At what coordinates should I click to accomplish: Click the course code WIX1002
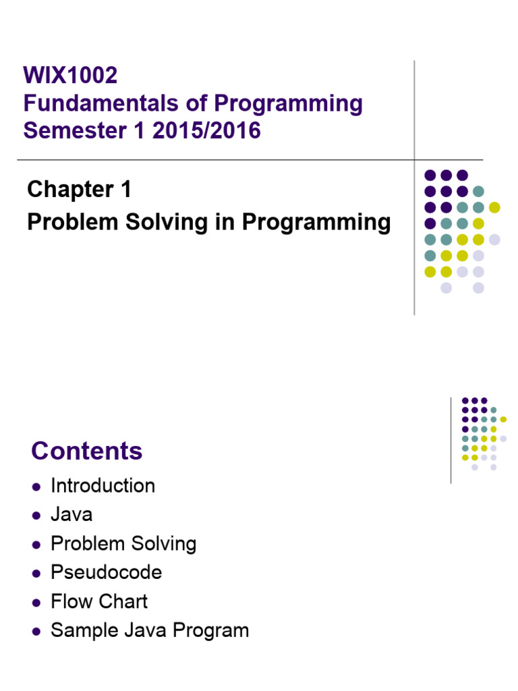coord(70,75)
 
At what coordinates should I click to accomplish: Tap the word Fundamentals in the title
coord(101,103)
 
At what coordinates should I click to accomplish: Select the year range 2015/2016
coord(206,130)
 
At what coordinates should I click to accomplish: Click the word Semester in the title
coord(75,130)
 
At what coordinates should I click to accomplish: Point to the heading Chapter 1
coord(80,190)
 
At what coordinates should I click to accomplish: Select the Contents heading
coord(87,451)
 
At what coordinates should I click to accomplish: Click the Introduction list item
coord(103,486)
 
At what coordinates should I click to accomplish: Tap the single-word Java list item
coord(71,515)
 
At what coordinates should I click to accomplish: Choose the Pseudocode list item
coord(107,572)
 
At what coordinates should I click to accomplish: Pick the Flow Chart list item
coord(99,601)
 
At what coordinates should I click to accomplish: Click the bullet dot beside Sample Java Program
coord(36,632)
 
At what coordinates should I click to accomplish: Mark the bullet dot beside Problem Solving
coord(36,545)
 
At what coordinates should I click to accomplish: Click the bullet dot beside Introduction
coord(36,487)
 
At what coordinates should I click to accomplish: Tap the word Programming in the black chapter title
coord(316,222)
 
